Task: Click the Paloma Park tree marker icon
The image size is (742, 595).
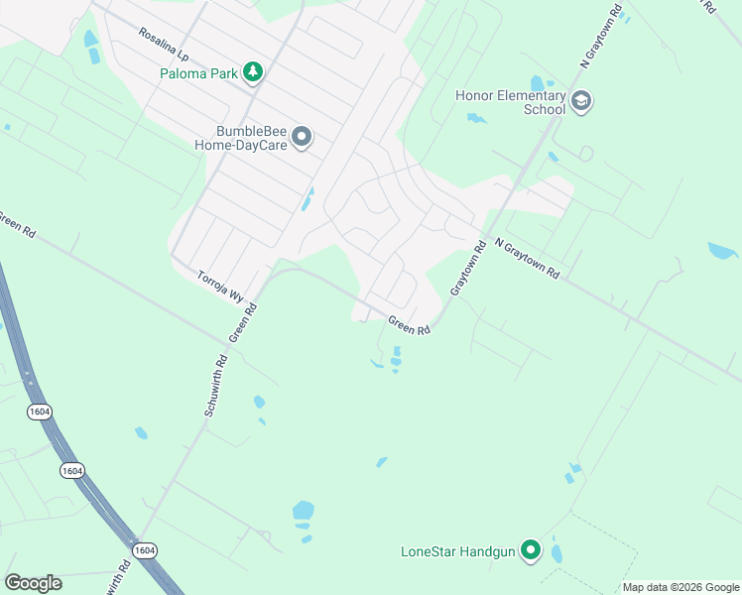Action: point(254,71)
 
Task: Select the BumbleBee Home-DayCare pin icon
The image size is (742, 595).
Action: point(304,136)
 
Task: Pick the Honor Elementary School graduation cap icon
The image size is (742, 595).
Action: point(581,100)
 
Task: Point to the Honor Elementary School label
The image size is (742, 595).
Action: point(510,102)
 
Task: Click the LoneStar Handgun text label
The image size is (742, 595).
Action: point(458,551)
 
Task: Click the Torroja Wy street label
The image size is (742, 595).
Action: point(220,286)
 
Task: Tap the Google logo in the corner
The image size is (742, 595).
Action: point(33,583)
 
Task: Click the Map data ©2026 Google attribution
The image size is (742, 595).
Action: point(680,587)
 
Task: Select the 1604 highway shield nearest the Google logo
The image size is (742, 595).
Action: point(145,550)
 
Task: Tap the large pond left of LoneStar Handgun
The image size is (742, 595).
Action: point(304,512)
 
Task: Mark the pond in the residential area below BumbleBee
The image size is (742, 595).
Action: point(308,200)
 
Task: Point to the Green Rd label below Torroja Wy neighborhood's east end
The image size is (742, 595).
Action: point(409,324)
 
